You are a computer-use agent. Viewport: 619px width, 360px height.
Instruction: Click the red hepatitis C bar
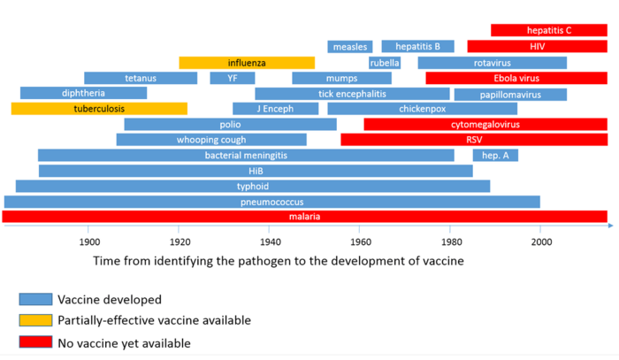point(548,30)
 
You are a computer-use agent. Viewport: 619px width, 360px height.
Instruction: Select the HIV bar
point(537,46)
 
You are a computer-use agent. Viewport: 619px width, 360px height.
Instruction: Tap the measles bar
point(349,46)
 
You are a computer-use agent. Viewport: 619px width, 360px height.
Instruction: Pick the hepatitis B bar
point(417,46)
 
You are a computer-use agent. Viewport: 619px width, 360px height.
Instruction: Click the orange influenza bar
point(247,63)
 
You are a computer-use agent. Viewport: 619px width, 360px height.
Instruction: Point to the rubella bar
point(385,63)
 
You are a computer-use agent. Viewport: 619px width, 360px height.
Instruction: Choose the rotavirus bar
point(492,63)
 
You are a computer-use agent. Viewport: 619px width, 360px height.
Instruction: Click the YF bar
point(233,78)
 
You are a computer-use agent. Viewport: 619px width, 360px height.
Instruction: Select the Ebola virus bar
point(516,78)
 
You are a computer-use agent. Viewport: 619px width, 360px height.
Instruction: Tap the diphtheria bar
point(83,93)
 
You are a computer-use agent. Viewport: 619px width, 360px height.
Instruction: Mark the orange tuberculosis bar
point(99,109)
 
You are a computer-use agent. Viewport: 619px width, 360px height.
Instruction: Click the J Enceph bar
point(275,109)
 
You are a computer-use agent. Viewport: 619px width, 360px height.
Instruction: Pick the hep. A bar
point(495,156)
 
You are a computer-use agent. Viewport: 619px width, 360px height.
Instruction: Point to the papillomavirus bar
point(510,94)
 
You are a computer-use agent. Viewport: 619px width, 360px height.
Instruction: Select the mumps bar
point(341,78)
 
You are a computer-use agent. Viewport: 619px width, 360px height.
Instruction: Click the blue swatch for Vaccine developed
point(34,299)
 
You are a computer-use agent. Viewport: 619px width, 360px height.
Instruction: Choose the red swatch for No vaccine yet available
point(34,341)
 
